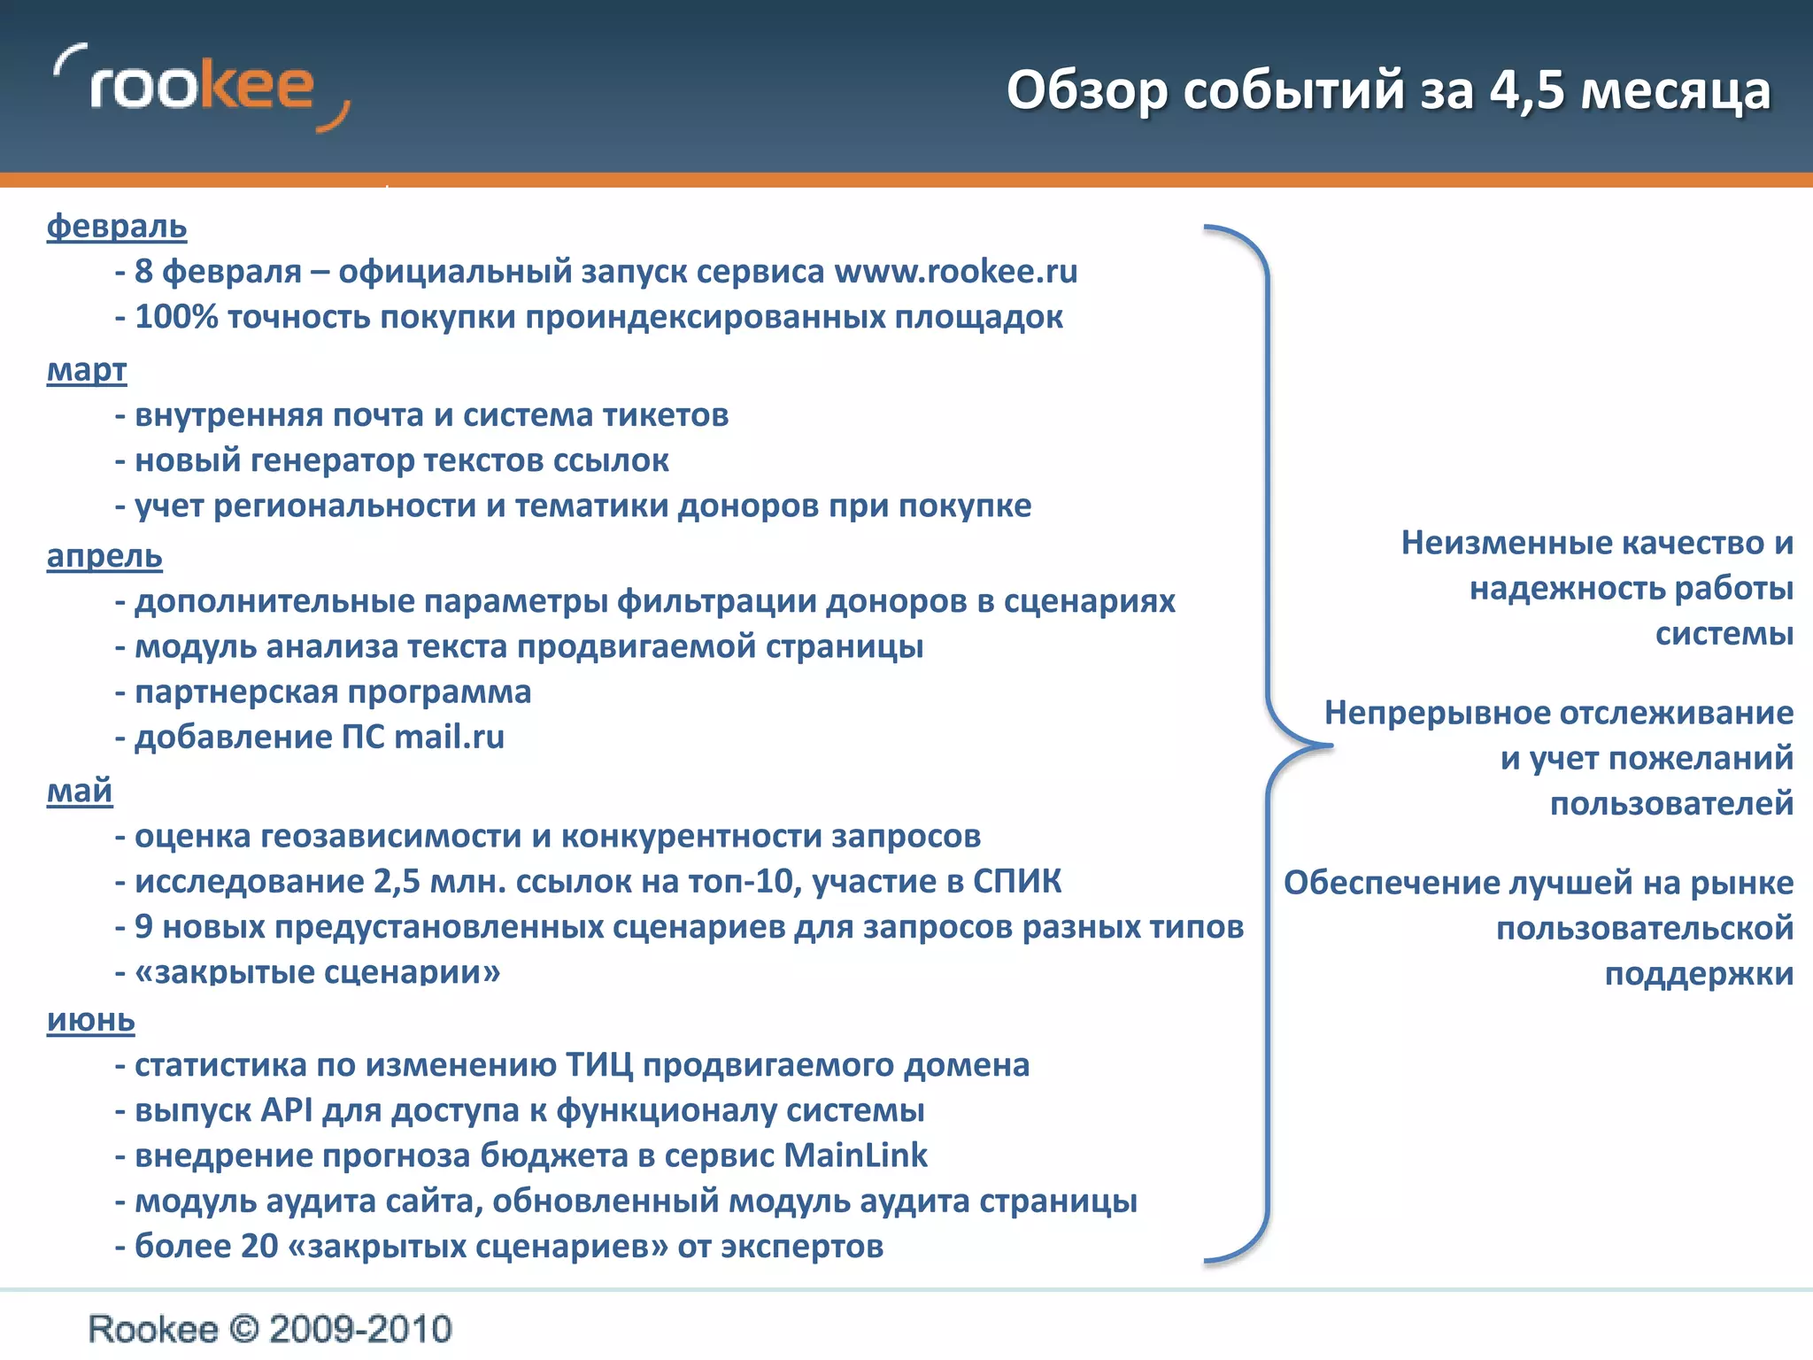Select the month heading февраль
(117, 227)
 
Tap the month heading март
(87, 369)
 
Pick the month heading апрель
(104, 556)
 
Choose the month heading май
(80, 790)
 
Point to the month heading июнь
(91, 1020)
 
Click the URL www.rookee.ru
(956, 272)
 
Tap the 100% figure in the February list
(175, 317)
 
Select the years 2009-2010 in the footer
(360, 1330)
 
